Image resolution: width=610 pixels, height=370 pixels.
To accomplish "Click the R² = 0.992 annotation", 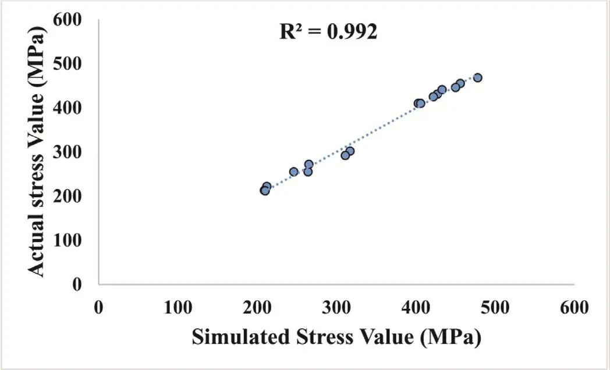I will tap(328, 31).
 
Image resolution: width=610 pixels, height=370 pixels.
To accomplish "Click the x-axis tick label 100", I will tap(178, 307).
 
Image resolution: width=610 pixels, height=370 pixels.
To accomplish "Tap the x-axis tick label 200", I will tap(257, 307).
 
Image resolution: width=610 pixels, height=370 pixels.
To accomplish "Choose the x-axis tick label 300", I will tap(337, 307).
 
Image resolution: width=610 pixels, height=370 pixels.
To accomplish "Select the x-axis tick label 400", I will tap(416, 307).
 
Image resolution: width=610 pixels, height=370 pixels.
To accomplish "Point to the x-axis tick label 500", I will tap(496, 307).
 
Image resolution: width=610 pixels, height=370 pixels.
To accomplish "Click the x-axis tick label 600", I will tap(575, 307).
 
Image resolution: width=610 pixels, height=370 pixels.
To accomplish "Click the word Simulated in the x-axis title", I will tap(236, 337).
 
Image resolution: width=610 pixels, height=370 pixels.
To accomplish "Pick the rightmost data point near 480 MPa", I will tap(477, 78).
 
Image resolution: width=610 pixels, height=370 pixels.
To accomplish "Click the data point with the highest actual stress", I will tap(477, 78).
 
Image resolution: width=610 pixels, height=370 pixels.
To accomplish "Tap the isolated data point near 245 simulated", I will tap(294, 172).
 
